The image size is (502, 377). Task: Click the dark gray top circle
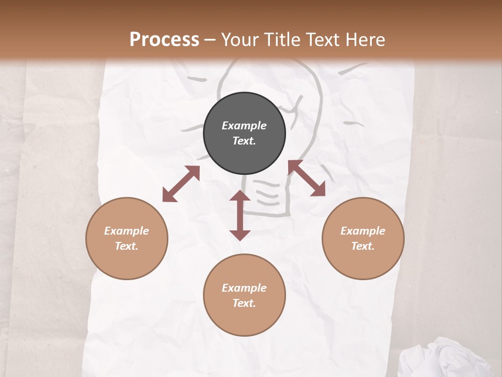244,134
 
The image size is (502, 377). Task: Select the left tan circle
127,238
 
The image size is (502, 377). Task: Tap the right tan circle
363,238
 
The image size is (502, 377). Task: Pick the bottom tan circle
244,295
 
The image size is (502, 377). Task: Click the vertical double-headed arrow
240,215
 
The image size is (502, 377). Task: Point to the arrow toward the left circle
181,184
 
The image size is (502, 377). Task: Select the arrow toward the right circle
306,178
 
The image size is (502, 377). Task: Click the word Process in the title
164,39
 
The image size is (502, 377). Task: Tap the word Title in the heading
282,39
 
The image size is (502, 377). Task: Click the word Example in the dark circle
244,126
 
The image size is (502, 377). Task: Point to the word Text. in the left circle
127,246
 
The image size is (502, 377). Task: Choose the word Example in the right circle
363,231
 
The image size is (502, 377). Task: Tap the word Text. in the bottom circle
244,303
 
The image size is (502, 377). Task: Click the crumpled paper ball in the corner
450,359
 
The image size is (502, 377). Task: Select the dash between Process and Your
210,40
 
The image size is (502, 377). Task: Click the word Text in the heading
321,39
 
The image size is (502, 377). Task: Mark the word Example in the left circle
127,231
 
